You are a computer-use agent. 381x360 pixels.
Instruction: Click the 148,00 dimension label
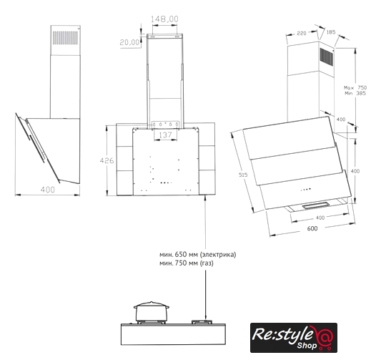point(164,19)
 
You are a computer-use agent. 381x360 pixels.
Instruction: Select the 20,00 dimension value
point(130,42)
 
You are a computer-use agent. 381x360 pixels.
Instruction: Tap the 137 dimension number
point(165,135)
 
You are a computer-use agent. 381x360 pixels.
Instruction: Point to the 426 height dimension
point(107,160)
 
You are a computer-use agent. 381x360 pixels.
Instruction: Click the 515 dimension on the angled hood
point(243,175)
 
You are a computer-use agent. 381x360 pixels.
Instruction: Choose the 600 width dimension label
point(312,228)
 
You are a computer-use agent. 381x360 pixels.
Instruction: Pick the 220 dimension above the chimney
point(302,33)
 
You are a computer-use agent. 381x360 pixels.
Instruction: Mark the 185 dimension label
point(331,32)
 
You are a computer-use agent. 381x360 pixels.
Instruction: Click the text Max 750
point(355,87)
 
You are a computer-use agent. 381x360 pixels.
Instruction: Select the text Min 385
point(355,94)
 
